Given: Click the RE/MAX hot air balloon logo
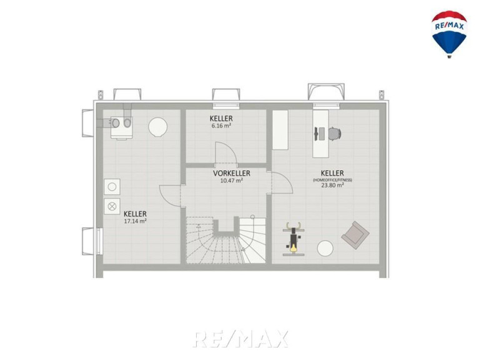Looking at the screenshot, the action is (449, 34).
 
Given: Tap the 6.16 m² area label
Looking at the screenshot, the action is (221, 125).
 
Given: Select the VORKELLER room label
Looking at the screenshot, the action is (232, 173).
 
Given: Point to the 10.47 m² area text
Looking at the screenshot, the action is (232, 180).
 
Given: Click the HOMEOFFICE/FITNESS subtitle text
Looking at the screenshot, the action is (332, 180).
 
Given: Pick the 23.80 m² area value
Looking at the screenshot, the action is (332, 185).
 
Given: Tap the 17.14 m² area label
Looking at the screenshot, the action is (135, 221).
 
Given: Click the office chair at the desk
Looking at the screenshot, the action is (335, 134).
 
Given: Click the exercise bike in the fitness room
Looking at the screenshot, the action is (294, 239).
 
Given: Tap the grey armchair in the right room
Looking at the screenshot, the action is (355, 236).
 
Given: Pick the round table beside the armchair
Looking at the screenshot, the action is (325, 249).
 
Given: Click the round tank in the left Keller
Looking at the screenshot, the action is (157, 127).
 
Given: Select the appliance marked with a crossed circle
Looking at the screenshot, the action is (112, 206).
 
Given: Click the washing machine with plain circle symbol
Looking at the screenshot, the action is (112, 187).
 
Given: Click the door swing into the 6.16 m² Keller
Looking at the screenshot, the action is (226, 152).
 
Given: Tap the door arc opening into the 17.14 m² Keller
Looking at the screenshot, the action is (170, 196).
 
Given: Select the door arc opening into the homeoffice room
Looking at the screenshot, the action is (282, 182).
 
